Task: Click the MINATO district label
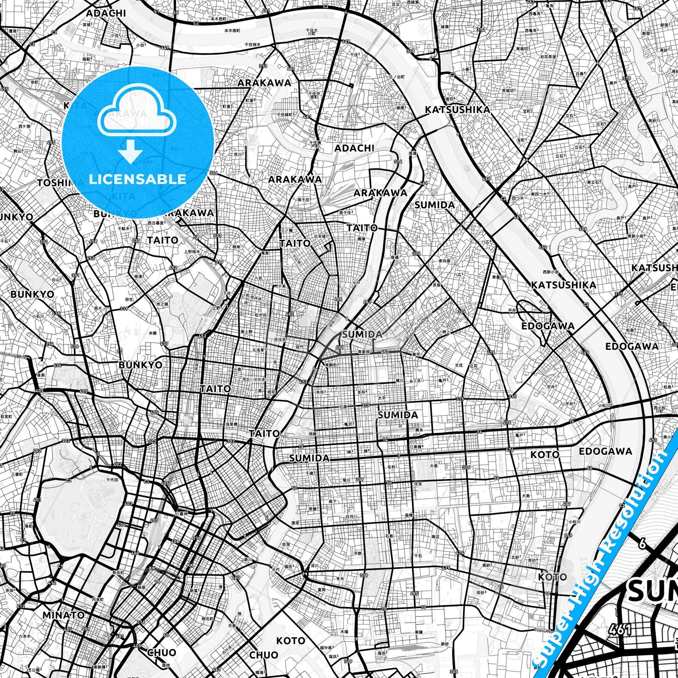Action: [x=63, y=615]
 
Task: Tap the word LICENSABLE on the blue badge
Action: [x=137, y=179]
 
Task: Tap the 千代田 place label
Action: [x=113, y=480]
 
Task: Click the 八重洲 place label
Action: [x=182, y=514]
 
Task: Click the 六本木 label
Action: [x=24, y=636]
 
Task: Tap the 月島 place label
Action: [x=232, y=625]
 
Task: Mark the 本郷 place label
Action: [x=152, y=333]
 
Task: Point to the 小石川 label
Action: [x=38, y=316]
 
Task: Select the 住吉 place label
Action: [x=418, y=483]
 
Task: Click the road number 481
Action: [x=120, y=637]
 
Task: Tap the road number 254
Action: [x=50, y=344]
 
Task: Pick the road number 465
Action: [x=414, y=594]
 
